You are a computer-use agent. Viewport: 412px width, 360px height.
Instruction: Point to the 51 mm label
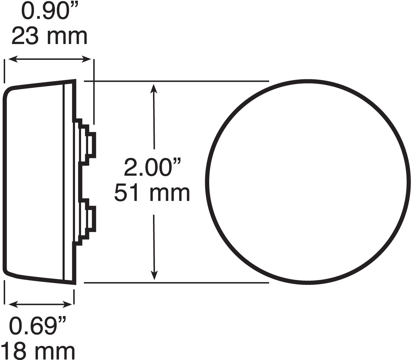(152, 194)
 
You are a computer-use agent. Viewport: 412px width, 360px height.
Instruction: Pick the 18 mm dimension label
(38, 351)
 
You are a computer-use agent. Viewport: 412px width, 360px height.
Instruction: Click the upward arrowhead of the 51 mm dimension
(154, 88)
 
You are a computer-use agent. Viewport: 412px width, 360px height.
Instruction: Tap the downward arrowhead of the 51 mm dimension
(154, 275)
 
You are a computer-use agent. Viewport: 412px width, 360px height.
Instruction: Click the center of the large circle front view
(307, 182)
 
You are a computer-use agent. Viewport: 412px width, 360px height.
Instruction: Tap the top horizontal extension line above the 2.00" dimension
(176, 81)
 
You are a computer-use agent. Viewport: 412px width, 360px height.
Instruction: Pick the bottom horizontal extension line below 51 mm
(176, 283)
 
